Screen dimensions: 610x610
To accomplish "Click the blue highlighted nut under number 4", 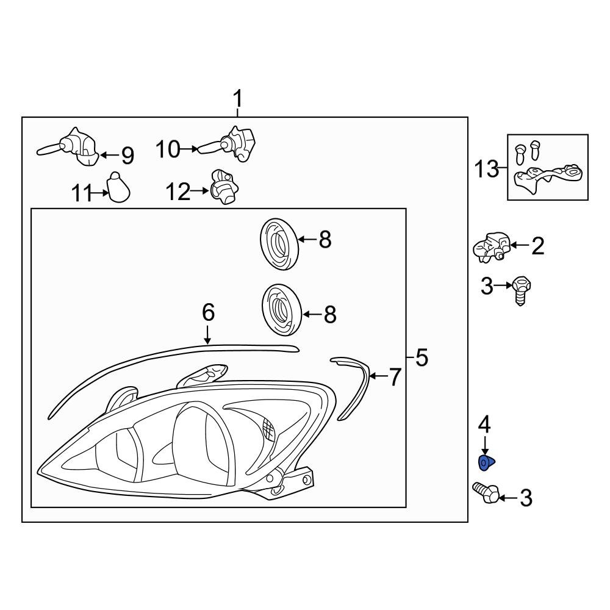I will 486,464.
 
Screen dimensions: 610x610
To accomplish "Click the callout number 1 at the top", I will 238,98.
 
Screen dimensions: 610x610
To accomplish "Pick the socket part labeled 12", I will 224,188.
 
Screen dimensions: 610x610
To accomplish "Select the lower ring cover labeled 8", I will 282,310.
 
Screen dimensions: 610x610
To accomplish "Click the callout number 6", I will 208,313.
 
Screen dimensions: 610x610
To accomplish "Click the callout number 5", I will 421,358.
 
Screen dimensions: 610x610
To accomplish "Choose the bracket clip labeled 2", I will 492,247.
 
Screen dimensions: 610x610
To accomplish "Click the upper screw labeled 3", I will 520,290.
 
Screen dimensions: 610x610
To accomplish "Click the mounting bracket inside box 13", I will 546,178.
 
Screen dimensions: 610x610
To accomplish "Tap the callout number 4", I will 484,423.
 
